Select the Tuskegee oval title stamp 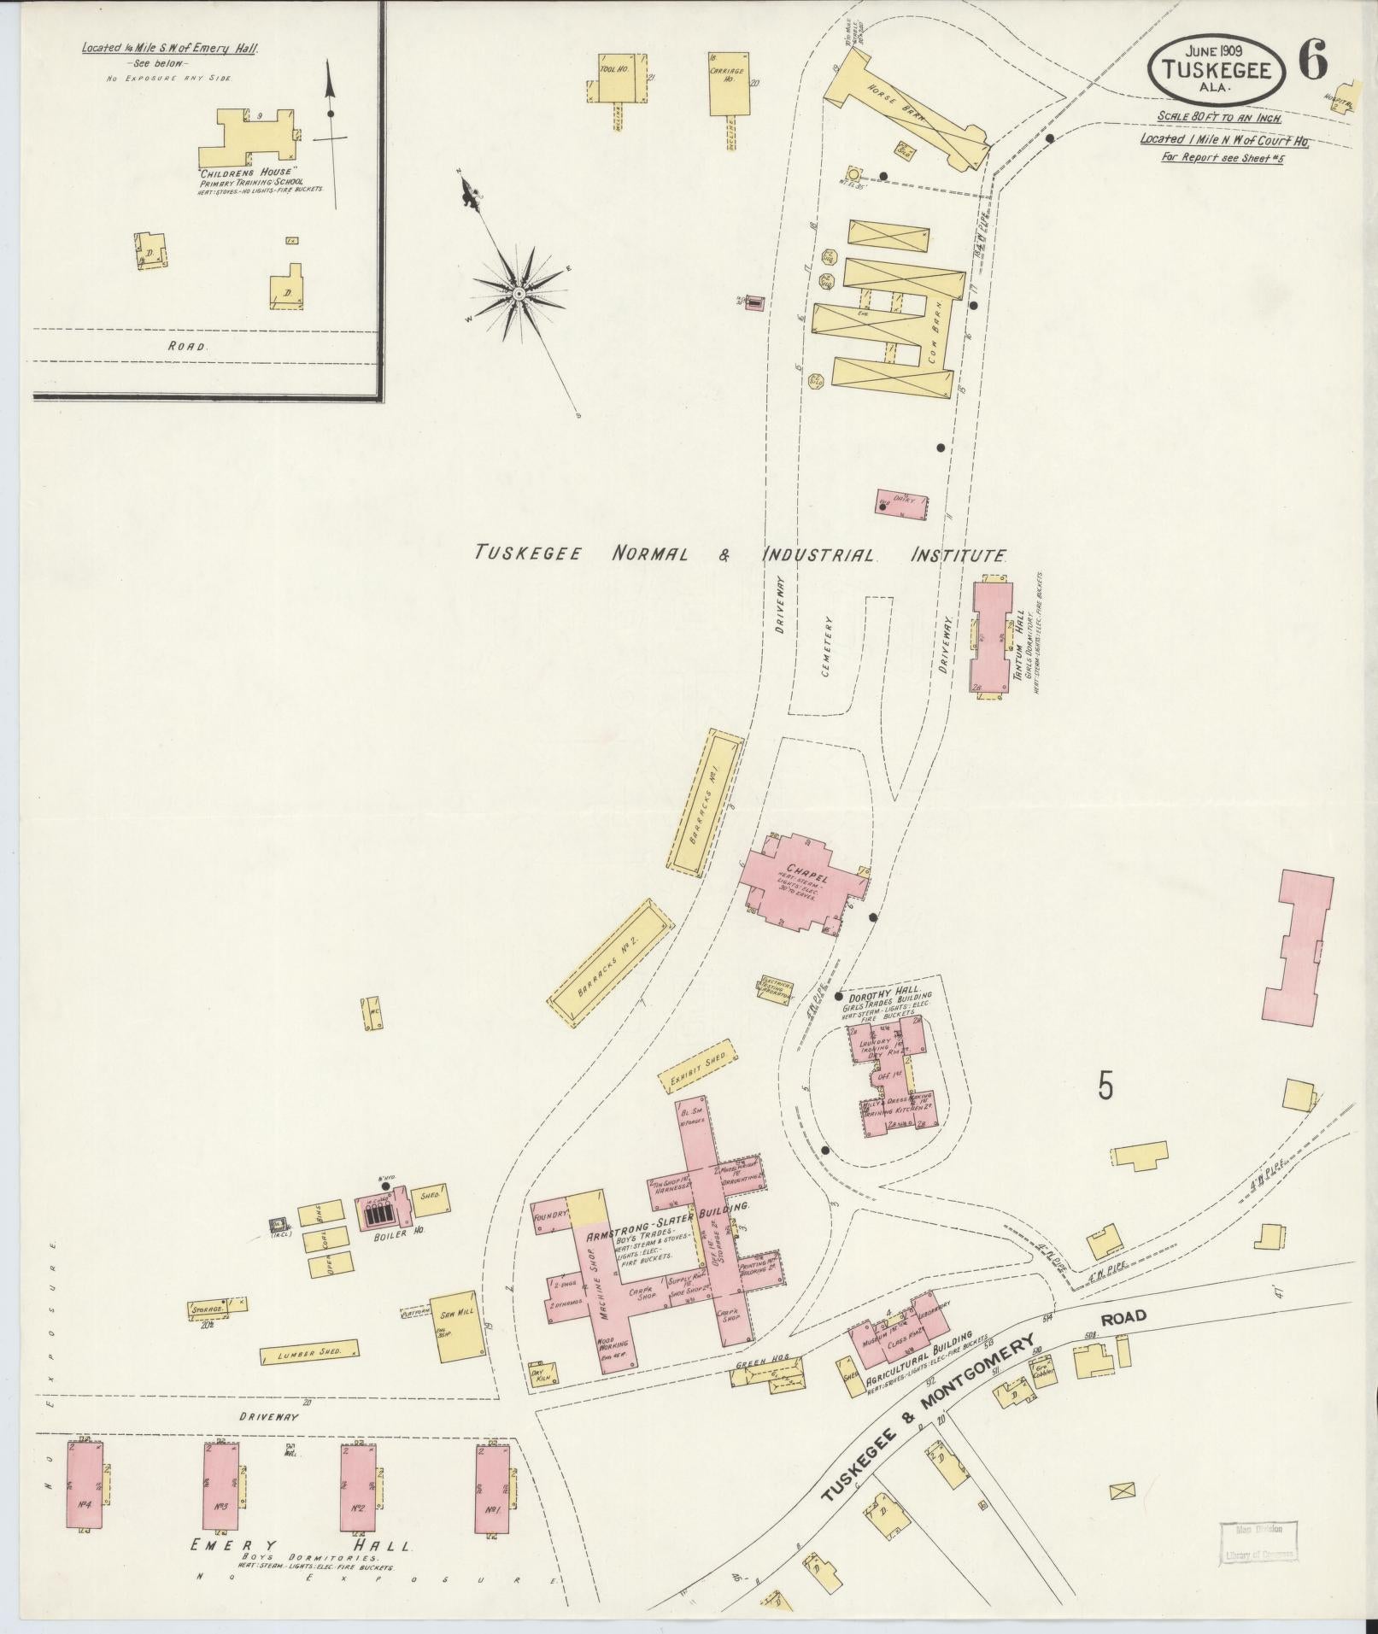1217,72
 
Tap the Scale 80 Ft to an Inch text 1219,118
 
